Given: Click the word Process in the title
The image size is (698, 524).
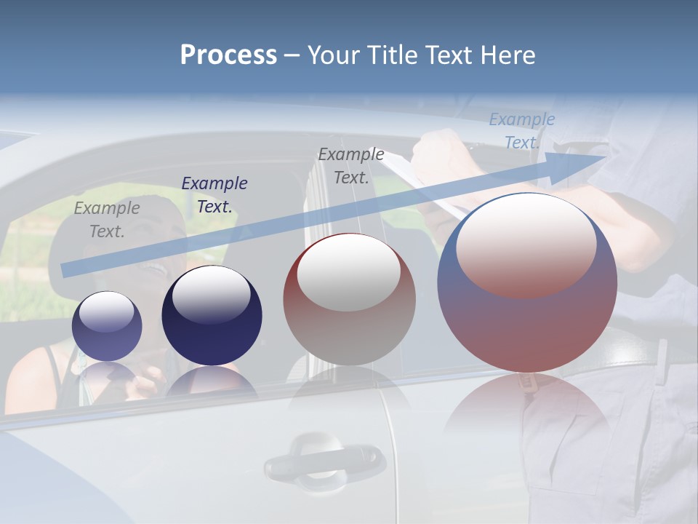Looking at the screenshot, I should [228, 55].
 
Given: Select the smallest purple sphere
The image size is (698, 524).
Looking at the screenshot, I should [107, 326].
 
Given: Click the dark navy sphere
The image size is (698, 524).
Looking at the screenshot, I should [212, 316].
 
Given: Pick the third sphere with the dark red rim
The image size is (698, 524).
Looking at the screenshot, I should [349, 300].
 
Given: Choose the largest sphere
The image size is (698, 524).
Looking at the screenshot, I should [527, 282].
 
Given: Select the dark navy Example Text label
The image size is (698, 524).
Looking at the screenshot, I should [214, 195].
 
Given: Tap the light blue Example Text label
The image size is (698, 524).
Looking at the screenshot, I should [521, 131].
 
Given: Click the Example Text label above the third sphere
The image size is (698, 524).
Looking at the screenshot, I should [351, 166].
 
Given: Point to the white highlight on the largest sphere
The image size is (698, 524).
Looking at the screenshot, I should [526, 245].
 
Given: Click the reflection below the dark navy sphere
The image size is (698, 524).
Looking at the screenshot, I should [212, 382].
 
